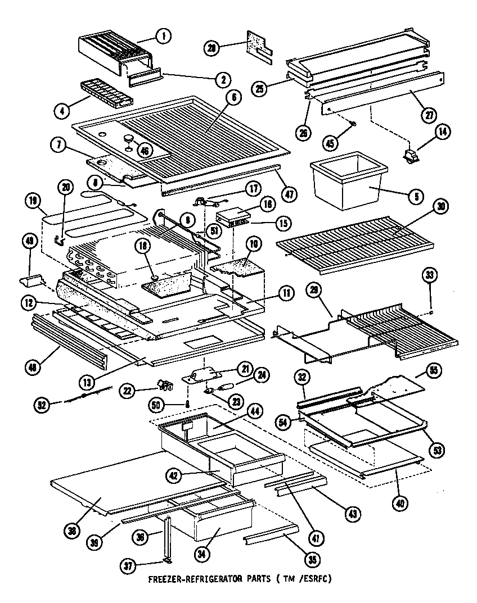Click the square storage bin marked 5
click(349, 181)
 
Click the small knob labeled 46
click(129, 138)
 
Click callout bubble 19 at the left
click(33, 201)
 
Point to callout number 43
click(352, 513)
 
